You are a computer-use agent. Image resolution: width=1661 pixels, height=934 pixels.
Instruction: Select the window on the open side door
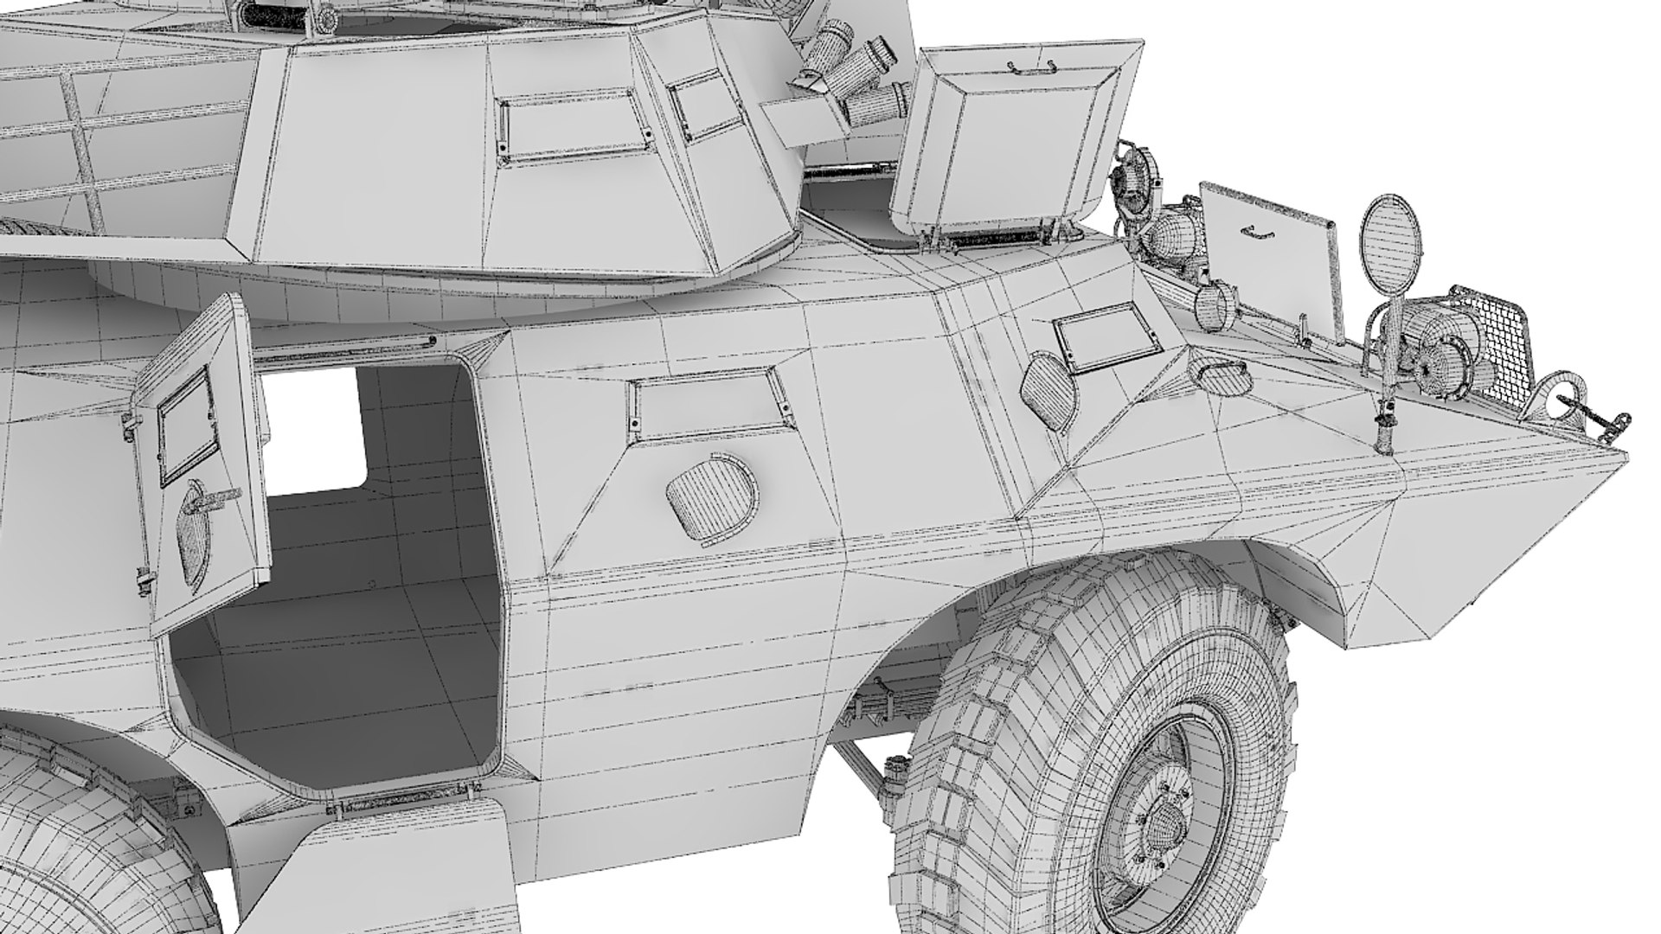[184, 425]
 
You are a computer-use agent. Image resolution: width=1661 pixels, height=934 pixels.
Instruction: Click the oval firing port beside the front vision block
[1048, 389]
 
